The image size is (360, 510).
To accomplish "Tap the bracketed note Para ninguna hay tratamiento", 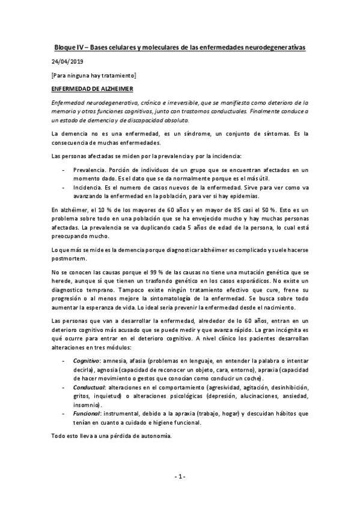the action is pyautogui.click(x=94, y=75).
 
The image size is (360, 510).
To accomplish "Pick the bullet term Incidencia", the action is pyautogui.click(x=88, y=187).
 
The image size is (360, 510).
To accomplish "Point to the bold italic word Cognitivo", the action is pyautogui.click(x=86, y=360).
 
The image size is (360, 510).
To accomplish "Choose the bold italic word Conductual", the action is pyautogui.click(x=88, y=389).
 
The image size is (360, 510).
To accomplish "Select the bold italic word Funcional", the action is pyautogui.click(x=86, y=414).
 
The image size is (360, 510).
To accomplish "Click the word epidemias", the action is pyautogui.click(x=240, y=196).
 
